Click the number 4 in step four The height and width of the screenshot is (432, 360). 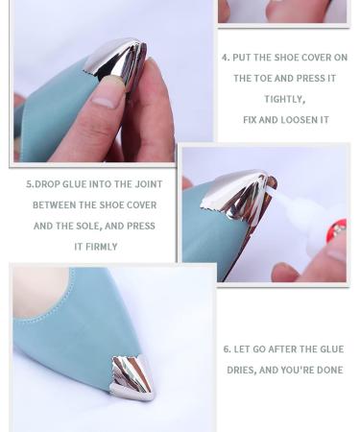(226, 58)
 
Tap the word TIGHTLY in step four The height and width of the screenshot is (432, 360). (284, 99)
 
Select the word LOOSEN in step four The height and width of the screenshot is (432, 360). (295, 120)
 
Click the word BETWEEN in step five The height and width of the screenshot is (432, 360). (54, 205)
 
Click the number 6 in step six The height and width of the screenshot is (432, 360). (227, 349)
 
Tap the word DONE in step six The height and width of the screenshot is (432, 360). (324, 371)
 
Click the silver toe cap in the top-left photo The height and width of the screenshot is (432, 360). (116, 61)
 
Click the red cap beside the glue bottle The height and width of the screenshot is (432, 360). (337, 231)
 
